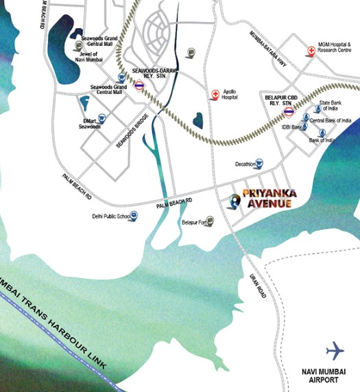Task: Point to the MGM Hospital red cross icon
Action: point(311,50)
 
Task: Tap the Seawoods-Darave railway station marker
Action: point(139,86)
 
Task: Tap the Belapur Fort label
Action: point(193,222)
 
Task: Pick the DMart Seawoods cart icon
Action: point(101,118)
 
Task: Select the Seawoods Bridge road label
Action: point(132,128)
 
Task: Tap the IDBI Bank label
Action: point(292,127)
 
